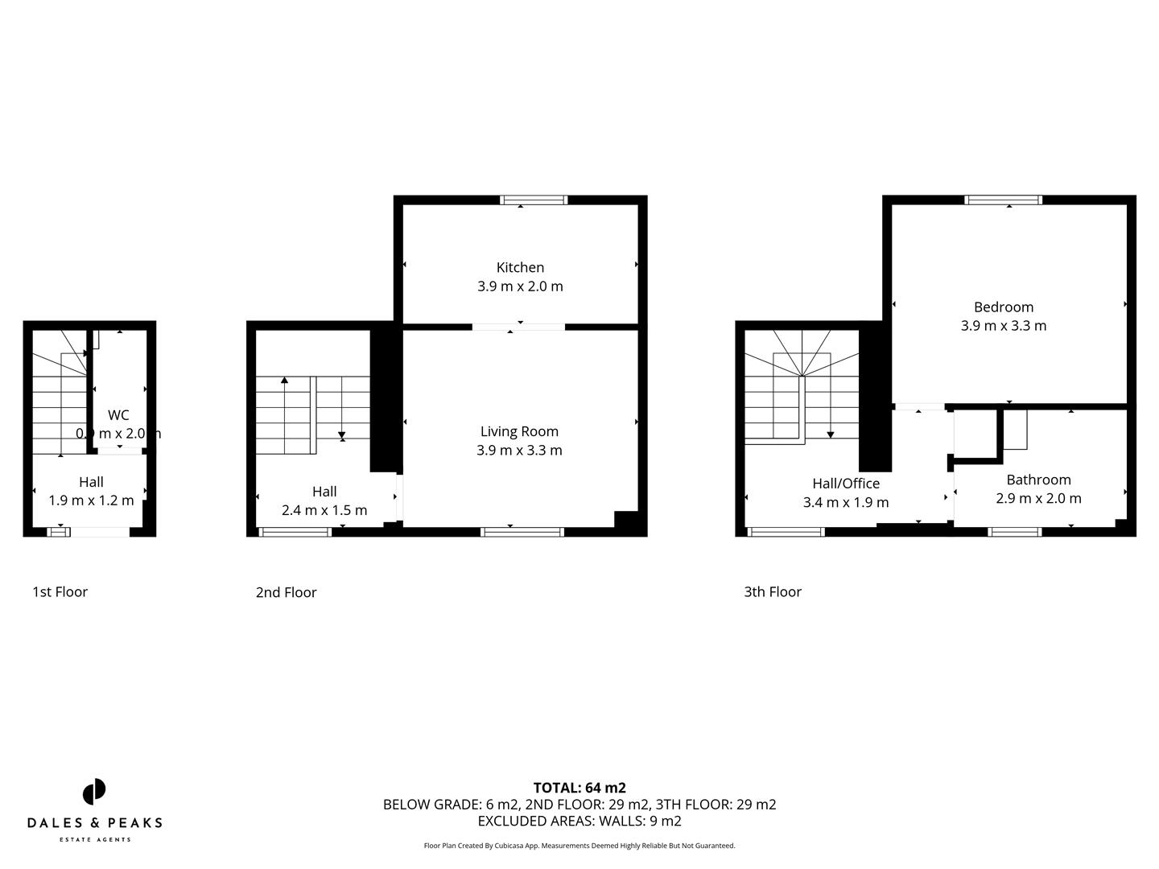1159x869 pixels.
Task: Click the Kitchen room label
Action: pos(520,267)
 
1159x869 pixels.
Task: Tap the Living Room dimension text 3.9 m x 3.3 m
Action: pos(519,450)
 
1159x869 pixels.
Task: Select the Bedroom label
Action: pos(1003,307)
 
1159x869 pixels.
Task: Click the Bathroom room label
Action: pos(1038,480)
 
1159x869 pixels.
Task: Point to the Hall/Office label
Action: pos(845,483)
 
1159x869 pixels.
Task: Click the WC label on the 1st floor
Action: pos(118,415)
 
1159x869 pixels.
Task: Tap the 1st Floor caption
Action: pos(60,591)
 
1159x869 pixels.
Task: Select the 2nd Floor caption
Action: pos(286,592)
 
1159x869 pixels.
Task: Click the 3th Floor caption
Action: pos(772,591)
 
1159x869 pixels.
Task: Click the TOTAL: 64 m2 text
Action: pos(579,788)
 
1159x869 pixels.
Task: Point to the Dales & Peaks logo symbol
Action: pos(94,792)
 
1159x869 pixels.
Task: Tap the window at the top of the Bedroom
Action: pos(1003,200)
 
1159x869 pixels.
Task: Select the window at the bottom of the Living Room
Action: pos(522,532)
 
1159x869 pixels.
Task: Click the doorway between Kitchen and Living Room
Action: pos(518,327)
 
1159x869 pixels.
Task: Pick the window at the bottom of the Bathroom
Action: pos(1014,532)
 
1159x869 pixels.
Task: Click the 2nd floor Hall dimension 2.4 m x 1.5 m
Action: pos(324,510)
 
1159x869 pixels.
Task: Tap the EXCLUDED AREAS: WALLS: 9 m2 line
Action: pos(579,821)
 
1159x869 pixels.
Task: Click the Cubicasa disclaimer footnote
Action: pos(579,846)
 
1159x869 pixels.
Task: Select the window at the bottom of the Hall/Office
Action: pos(786,532)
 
